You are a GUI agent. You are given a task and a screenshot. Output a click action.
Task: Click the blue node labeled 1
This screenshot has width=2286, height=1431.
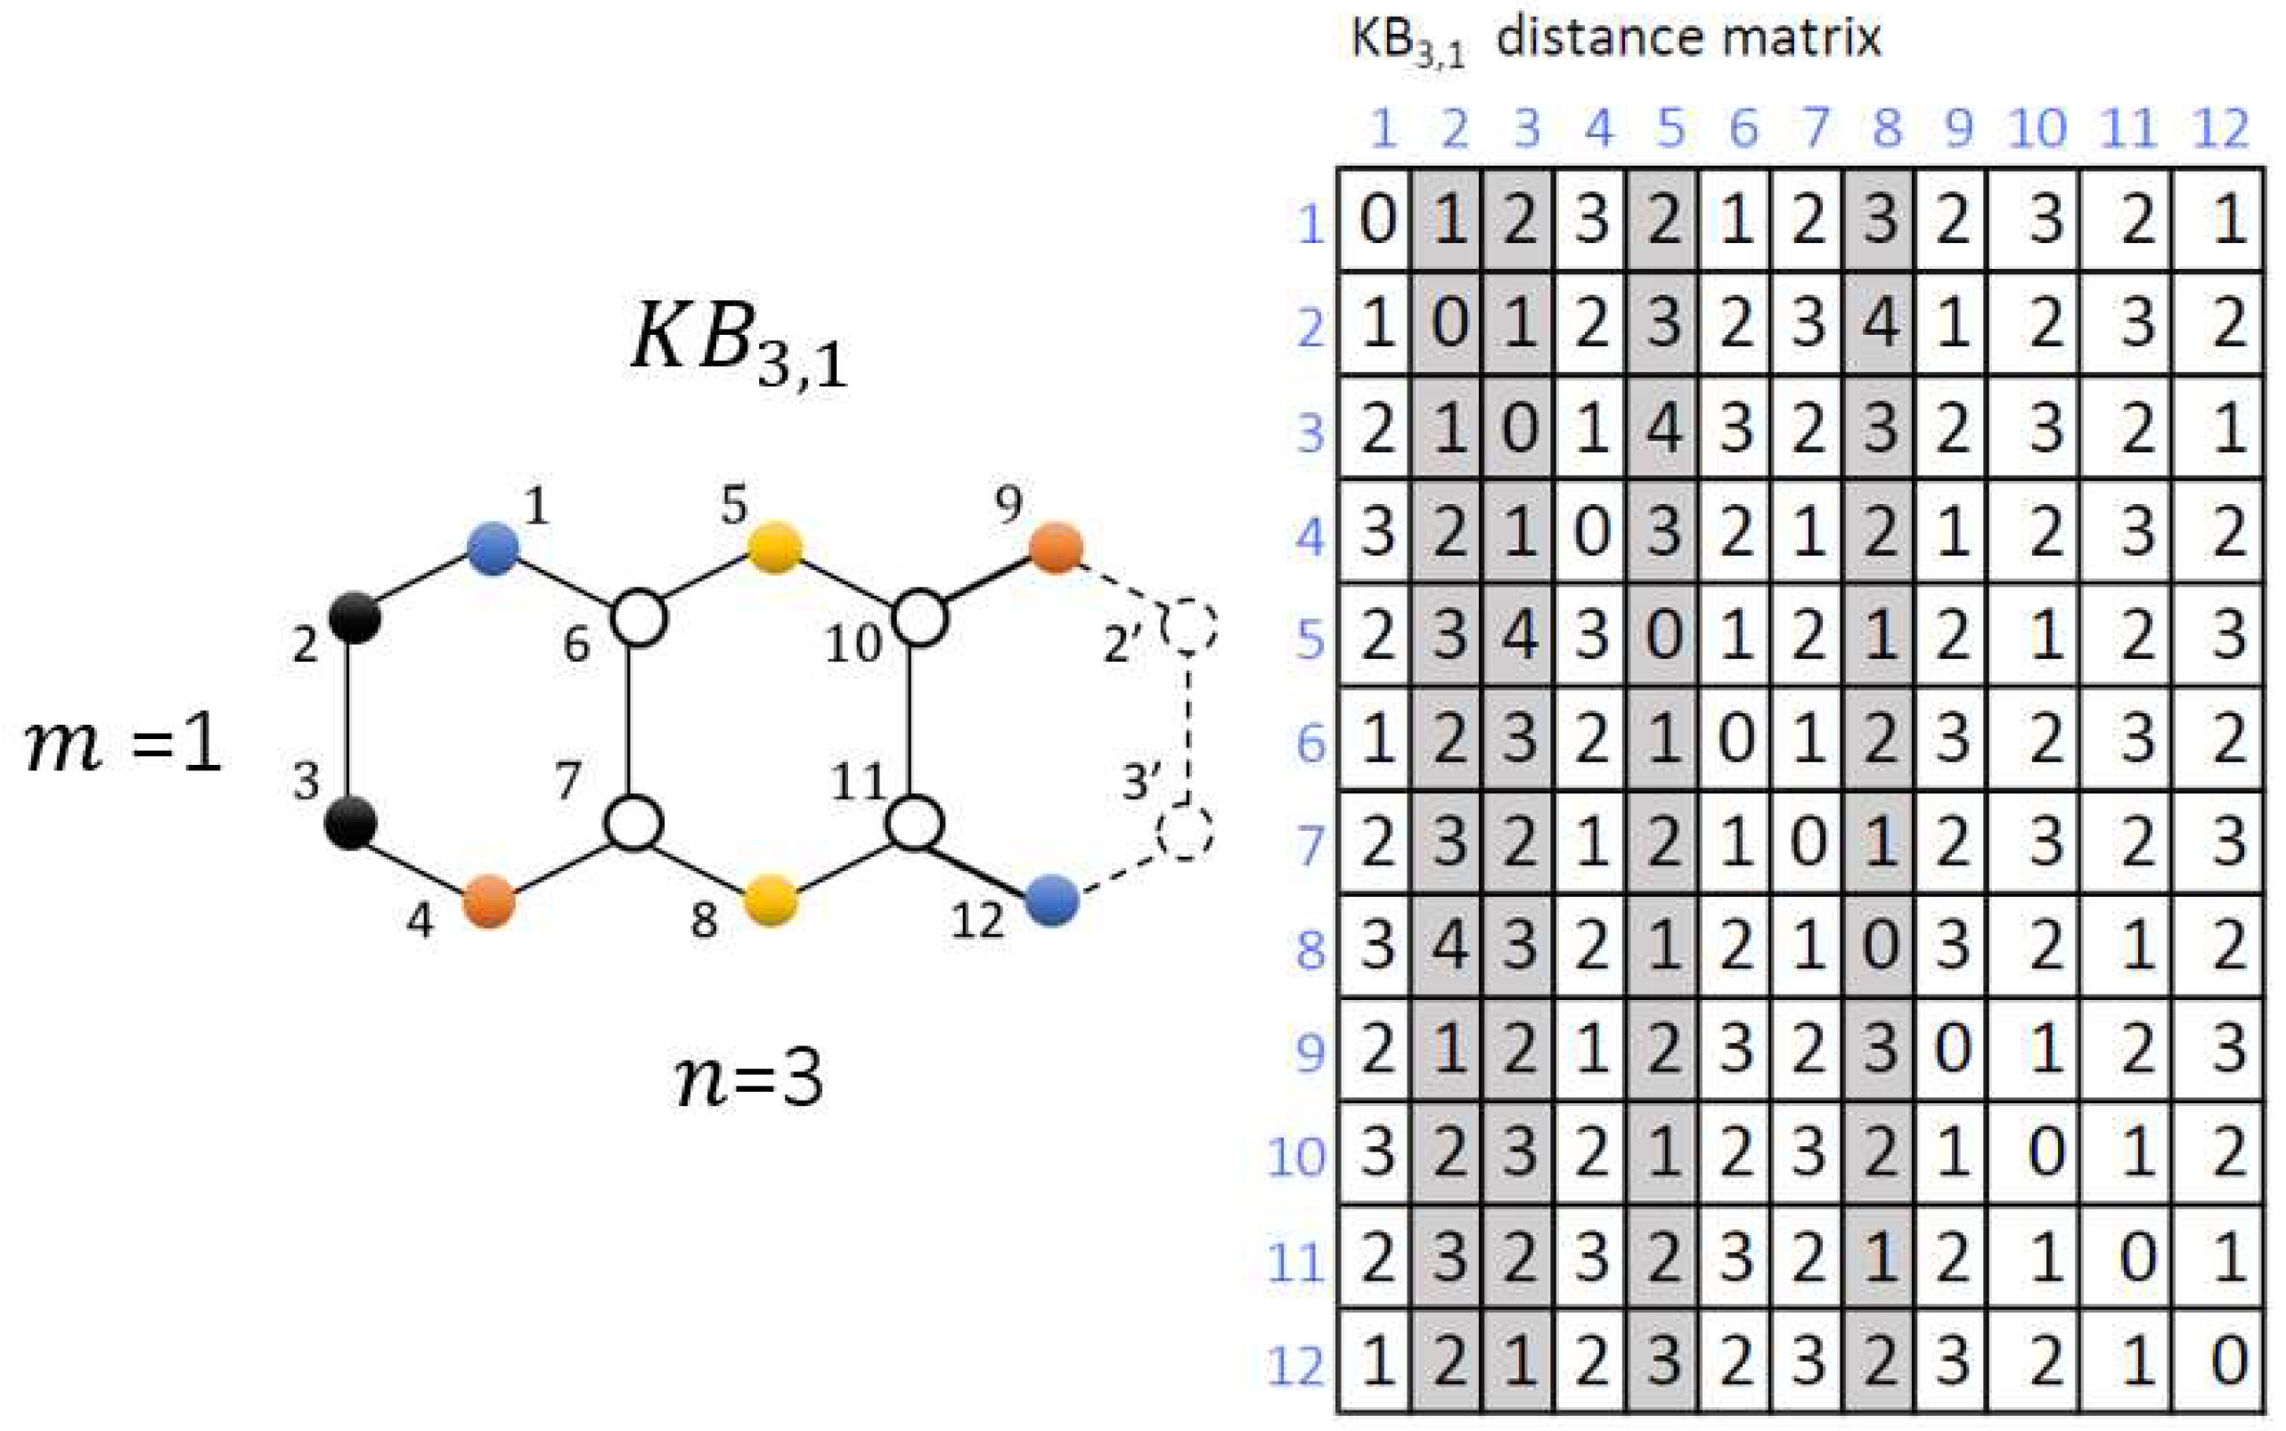(494, 548)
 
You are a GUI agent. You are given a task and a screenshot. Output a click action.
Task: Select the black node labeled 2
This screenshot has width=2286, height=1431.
(355, 618)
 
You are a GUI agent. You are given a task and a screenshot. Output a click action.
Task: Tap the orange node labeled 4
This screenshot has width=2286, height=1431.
(489, 901)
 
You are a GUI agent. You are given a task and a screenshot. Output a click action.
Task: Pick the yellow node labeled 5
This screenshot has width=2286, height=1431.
(774, 547)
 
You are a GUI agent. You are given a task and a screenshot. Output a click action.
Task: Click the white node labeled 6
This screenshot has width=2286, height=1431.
(638, 619)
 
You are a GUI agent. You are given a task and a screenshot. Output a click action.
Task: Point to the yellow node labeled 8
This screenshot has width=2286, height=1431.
(772, 900)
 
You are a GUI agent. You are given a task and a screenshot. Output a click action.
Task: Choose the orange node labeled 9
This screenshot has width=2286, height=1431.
(1055, 547)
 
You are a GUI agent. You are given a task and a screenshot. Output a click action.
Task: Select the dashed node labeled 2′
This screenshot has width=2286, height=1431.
(1189, 627)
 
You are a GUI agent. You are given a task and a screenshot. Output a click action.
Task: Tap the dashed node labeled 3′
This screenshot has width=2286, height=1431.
(1185, 833)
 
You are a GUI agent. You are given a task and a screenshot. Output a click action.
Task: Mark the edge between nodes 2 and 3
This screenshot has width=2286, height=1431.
(350, 720)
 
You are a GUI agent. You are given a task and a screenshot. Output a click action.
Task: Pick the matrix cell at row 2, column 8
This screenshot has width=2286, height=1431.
(1879, 323)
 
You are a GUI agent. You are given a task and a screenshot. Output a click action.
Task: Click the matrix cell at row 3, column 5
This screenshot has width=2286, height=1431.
(1663, 427)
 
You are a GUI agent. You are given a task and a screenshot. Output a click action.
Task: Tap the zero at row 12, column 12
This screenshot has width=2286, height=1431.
(2227, 1362)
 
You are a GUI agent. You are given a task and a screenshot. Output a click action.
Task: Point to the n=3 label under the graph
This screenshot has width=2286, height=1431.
(747, 1080)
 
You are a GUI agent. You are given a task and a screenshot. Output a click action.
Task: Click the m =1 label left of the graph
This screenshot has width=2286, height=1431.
(123, 744)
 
